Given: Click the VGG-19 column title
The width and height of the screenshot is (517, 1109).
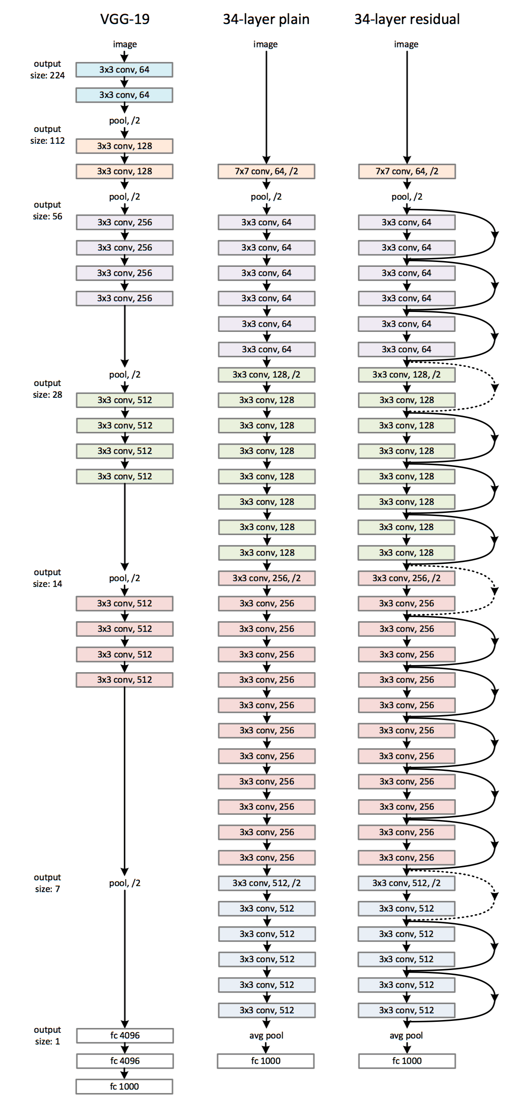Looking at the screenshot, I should [x=125, y=19].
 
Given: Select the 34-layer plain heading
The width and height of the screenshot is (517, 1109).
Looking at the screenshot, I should [x=266, y=19].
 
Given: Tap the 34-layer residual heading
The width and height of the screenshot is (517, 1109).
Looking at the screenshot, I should [x=407, y=19].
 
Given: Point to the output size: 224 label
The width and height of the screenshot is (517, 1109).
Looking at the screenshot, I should [x=47, y=69].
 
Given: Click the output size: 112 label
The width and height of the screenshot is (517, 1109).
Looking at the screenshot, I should [x=47, y=135].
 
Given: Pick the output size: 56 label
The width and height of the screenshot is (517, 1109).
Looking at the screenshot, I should [x=47, y=210].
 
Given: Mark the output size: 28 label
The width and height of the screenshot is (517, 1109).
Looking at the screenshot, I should [x=47, y=389].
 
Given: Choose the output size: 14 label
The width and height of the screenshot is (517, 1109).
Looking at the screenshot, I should [x=47, y=578].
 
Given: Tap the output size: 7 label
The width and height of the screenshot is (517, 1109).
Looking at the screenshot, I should [x=47, y=883].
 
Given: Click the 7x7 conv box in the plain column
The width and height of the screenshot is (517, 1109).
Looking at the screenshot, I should [x=266, y=171].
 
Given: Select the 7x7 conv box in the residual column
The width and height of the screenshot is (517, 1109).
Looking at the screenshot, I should [x=407, y=171].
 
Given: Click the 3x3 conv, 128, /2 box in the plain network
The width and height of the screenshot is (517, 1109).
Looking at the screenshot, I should [x=266, y=375].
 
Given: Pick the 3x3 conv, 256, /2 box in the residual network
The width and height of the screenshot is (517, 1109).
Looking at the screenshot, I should [x=406, y=578].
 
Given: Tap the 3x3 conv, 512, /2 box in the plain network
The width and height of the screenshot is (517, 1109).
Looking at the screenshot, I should [x=266, y=883].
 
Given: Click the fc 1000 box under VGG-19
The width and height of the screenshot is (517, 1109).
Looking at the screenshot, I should [x=124, y=1086].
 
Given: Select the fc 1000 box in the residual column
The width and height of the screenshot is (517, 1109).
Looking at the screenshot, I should [x=407, y=1061].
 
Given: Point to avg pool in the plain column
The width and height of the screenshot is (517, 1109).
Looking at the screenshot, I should [x=266, y=1036].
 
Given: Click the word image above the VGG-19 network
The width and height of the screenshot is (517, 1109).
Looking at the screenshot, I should [x=125, y=44].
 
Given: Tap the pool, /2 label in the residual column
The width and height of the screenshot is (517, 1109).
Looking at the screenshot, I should [x=407, y=196].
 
